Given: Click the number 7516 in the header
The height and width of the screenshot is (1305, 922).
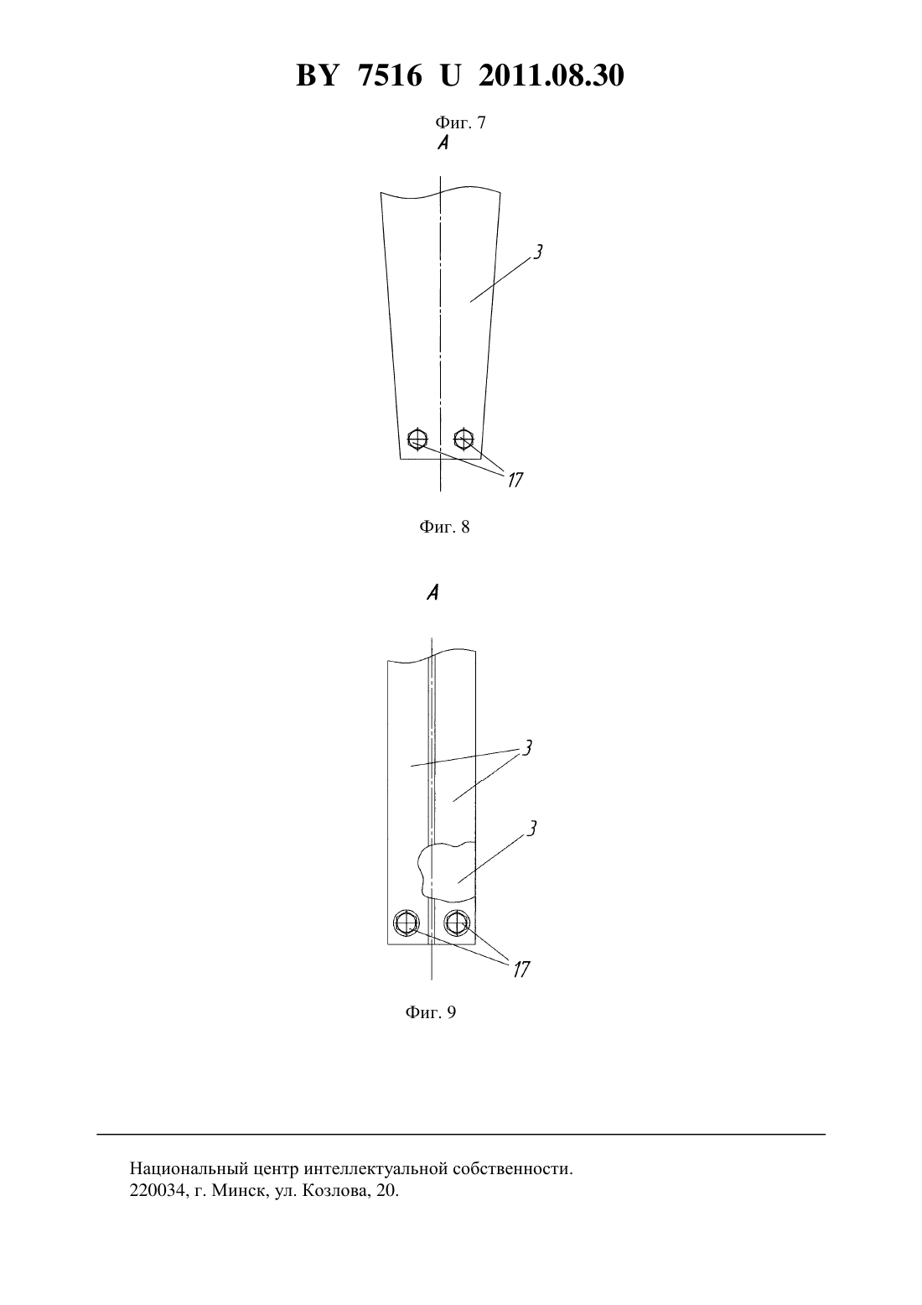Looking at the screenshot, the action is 390,75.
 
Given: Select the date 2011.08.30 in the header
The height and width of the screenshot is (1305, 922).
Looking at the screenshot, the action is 552,75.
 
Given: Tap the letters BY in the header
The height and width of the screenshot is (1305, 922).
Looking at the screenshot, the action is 317,75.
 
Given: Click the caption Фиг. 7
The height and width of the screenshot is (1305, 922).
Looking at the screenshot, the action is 460,122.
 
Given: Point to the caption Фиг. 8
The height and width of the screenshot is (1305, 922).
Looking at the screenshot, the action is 444,528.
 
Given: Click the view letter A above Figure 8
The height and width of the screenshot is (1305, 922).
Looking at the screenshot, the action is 443,143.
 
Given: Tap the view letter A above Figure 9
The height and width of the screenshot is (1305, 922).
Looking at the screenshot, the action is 433,593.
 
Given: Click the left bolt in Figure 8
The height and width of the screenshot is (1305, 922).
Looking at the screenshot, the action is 417,438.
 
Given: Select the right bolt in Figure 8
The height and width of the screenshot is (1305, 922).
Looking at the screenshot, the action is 464,438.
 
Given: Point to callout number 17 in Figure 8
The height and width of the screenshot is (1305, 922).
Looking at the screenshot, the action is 515,480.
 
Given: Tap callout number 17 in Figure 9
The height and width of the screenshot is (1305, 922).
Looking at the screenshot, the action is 521,970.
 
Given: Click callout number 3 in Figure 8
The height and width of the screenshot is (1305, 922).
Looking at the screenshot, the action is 538,252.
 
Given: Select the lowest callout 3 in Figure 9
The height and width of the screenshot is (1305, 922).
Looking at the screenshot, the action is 531,829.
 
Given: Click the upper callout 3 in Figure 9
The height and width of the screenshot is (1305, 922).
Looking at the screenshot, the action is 527,747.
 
